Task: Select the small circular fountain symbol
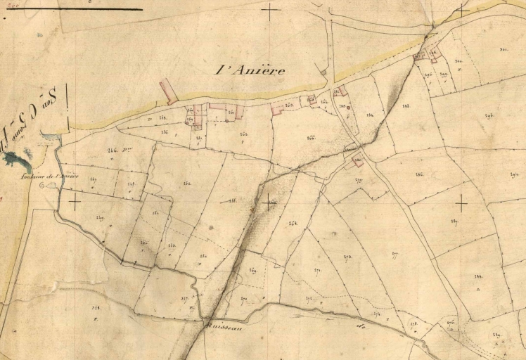point(44,186)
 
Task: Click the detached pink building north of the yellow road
point(169,91)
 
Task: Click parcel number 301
point(504,49)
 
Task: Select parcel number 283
point(406,105)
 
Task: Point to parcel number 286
point(420,174)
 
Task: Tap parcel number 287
point(455,221)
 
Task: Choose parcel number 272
point(347,257)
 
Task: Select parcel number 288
point(232,200)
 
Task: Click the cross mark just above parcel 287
point(461,204)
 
